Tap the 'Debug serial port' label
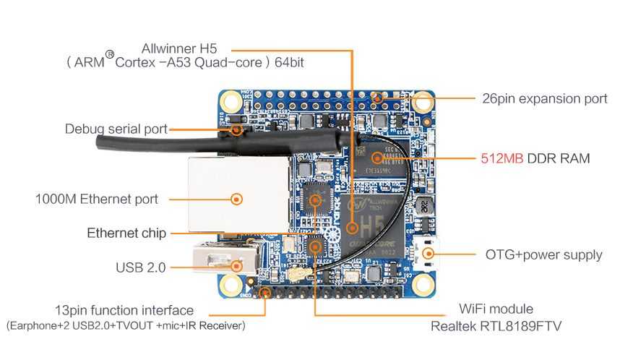116,129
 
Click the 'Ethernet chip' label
126,233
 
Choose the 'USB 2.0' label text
141,267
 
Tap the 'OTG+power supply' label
544,254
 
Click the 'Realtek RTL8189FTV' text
496,326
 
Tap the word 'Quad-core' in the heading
232,63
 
